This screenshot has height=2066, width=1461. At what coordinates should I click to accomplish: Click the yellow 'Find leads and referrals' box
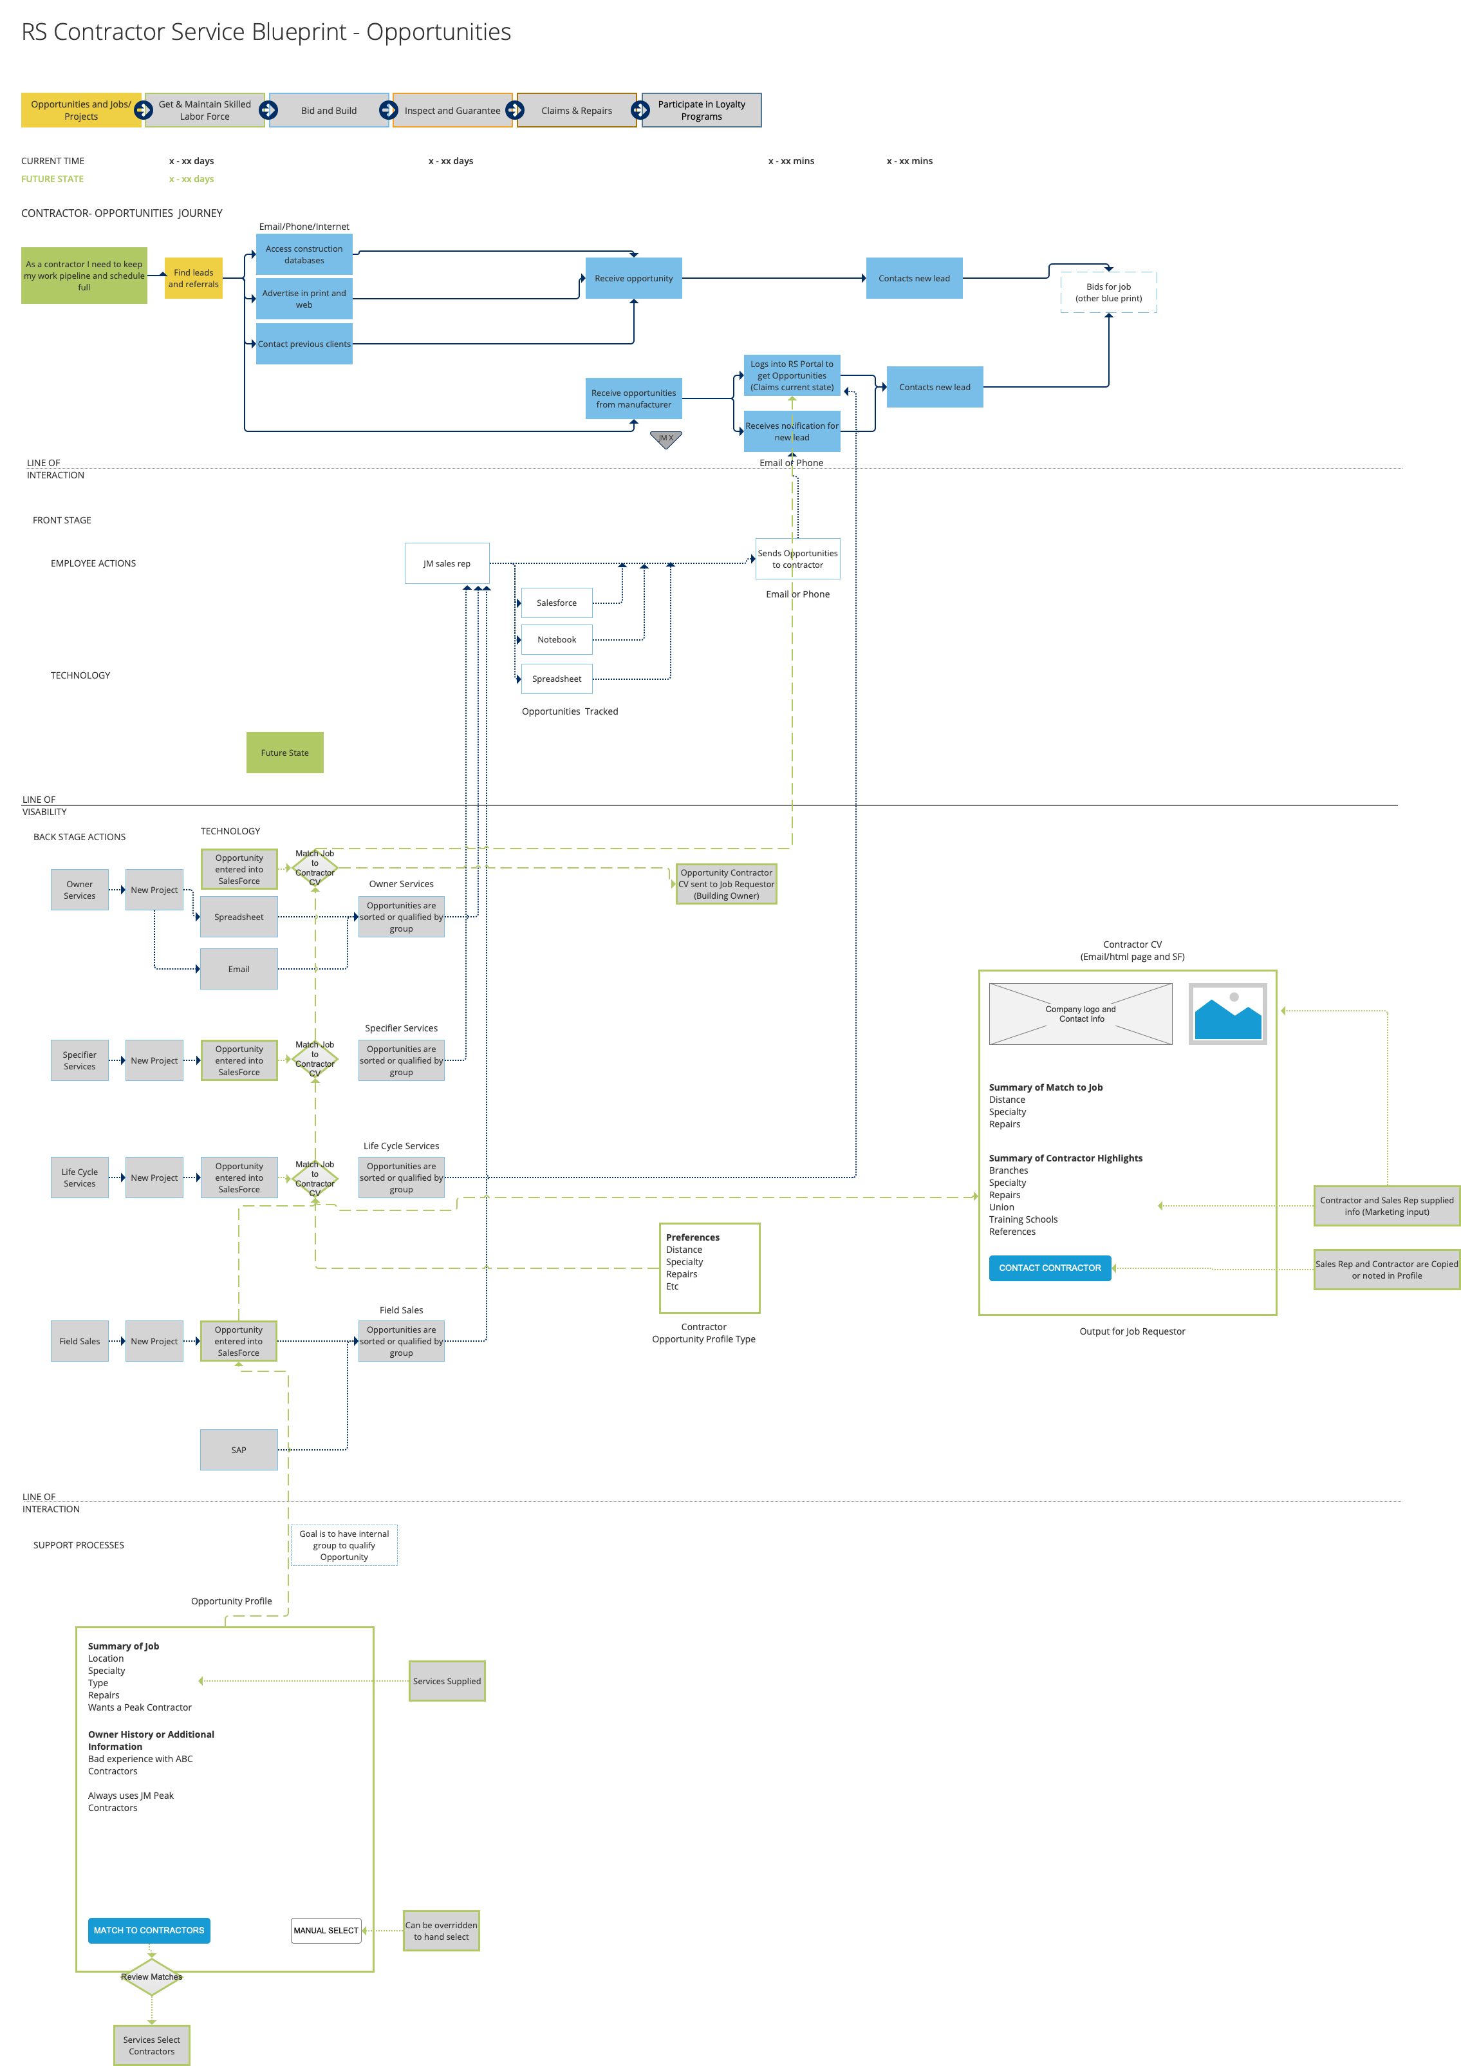pyautogui.click(x=194, y=278)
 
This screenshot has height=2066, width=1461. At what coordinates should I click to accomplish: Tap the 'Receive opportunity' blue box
pyautogui.click(x=633, y=278)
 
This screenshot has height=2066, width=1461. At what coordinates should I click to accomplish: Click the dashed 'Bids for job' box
pyautogui.click(x=1108, y=292)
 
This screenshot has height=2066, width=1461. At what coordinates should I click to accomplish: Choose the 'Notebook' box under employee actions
pyautogui.click(x=556, y=640)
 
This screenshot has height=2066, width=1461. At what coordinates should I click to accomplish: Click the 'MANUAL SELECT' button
pyautogui.click(x=326, y=1930)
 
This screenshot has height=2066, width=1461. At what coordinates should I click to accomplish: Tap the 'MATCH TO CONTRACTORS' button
pyautogui.click(x=149, y=1930)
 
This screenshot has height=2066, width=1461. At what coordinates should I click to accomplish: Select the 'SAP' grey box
pyautogui.click(x=238, y=1450)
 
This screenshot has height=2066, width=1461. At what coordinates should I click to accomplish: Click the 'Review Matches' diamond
pyautogui.click(x=151, y=1977)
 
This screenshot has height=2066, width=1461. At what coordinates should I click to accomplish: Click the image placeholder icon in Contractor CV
pyautogui.click(x=1227, y=1014)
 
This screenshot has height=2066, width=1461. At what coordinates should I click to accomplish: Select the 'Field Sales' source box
pyautogui.click(x=79, y=1340)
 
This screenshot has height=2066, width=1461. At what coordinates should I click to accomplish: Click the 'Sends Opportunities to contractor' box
pyautogui.click(x=797, y=559)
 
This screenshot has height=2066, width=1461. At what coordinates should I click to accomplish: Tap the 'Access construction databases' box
pyautogui.click(x=304, y=255)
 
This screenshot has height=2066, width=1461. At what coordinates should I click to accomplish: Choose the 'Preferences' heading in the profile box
pyautogui.click(x=692, y=1237)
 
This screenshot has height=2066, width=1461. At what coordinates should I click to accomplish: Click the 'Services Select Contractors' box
pyautogui.click(x=151, y=2045)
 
